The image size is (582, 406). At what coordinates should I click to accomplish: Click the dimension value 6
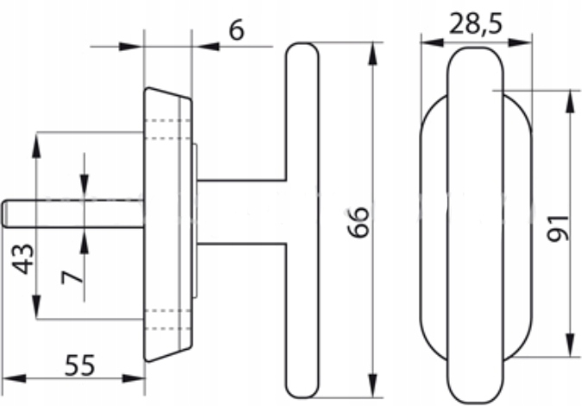click(x=237, y=29)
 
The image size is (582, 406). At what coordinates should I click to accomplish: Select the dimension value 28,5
click(x=476, y=25)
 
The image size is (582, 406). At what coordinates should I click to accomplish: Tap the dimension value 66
click(x=359, y=222)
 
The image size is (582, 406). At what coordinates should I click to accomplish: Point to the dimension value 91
click(x=558, y=228)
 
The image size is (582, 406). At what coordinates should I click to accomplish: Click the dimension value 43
click(x=23, y=259)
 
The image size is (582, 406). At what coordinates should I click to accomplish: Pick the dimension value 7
click(x=72, y=277)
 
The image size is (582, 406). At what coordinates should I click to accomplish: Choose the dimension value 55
click(x=79, y=365)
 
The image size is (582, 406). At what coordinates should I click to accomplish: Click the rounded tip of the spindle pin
click(x=4, y=213)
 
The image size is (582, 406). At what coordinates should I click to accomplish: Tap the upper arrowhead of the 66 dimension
click(x=373, y=54)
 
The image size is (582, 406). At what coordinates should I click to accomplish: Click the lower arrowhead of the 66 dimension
click(x=373, y=385)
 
